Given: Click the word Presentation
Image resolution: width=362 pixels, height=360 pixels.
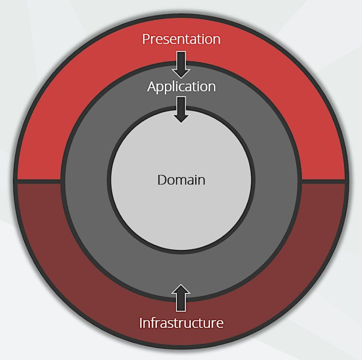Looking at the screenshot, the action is (x=181, y=39).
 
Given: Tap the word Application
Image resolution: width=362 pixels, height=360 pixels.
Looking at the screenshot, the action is (x=181, y=87).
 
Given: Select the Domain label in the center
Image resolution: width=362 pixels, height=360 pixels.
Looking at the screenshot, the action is (x=181, y=180).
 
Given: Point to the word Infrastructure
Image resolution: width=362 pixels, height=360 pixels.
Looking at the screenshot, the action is (x=181, y=323).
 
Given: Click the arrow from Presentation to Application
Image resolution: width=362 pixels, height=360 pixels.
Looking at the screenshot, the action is (x=181, y=65).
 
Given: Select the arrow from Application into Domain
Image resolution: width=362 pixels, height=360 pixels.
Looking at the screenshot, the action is (x=181, y=109).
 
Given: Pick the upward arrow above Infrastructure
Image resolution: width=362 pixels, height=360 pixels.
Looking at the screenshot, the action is (x=181, y=298).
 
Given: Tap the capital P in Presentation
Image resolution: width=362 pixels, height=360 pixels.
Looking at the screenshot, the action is (x=146, y=39).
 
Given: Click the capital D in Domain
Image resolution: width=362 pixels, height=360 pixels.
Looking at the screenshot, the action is (x=162, y=180).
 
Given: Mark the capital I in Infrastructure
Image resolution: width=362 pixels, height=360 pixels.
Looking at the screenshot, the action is (x=141, y=323).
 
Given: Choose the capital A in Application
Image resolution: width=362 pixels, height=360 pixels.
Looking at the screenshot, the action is (x=152, y=87).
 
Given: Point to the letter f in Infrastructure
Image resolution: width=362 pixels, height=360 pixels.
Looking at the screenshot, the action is (x=153, y=323).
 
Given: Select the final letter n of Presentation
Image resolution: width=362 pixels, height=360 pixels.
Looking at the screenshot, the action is (x=217, y=40).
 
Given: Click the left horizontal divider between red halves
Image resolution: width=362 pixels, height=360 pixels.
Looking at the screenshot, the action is (x=39, y=182).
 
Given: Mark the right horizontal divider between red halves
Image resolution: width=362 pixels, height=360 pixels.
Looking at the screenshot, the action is (x=324, y=182).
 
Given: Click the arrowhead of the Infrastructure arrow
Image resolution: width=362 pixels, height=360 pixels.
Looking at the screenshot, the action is (x=181, y=289).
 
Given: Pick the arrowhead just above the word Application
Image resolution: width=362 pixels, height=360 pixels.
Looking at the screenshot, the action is (x=181, y=73).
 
